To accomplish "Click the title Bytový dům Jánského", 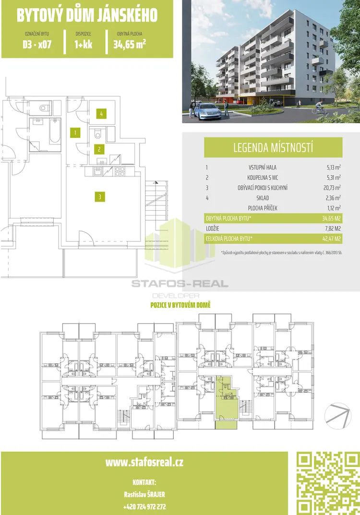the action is coord(87,15).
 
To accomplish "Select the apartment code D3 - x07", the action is coord(37,44).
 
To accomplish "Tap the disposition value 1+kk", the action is coord(84,44).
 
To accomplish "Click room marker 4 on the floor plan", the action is coord(102,114).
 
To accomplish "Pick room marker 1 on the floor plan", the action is coord(75,133).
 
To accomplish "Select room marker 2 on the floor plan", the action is coord(99,149).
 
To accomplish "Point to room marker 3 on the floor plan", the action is coord(100,197).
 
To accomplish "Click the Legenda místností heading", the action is coord(273,147).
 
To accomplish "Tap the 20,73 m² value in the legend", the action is coord(334,188).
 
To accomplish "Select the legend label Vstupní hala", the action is coord(263,167).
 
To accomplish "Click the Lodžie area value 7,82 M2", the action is coord(333,228).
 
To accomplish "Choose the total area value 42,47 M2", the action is coord(332,239).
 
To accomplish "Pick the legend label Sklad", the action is coord(263,198).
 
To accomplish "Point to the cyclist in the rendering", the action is coord(319,107).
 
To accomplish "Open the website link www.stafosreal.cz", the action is coord(144,463).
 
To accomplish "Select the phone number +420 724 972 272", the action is coord(144,507).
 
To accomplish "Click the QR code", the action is coord(328,483).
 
